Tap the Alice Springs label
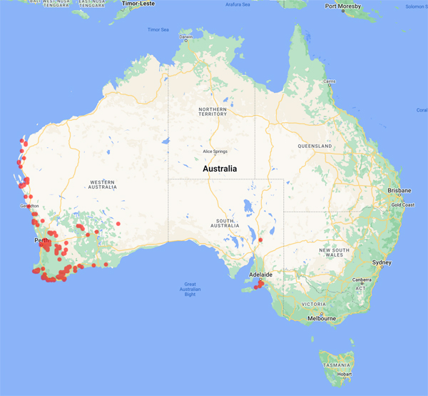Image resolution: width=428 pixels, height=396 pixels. click(215, 152)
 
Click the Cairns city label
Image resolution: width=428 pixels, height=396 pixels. click(329, 81)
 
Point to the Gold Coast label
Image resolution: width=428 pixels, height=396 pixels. click(403, 204)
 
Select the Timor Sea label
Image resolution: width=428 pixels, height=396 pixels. click(158, 30)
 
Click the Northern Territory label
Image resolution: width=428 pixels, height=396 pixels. click(212, 111)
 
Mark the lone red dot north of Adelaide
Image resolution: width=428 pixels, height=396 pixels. click(260, 240)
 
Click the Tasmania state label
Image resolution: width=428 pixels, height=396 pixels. click(335, 365)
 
